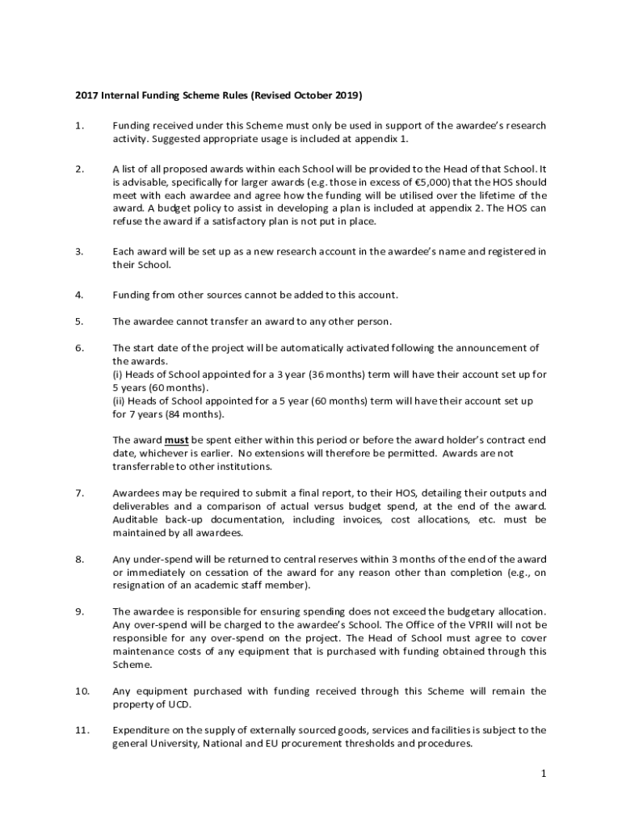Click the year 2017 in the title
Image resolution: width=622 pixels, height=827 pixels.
pos(86,95)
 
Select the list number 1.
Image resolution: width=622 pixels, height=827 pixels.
pos(78,126)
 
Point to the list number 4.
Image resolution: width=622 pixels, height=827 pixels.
pos(78,295)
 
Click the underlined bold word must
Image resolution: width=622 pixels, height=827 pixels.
pos(176,440)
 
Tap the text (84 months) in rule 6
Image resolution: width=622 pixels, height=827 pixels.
pos(194,414)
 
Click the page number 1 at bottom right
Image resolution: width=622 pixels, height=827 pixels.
pos(544,774)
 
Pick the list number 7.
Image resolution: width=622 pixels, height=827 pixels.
pos(78,493)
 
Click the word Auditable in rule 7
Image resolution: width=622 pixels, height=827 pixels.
pos(136,519)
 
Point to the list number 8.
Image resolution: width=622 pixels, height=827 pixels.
pos(78,559)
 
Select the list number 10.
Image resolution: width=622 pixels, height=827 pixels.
pos(82,691)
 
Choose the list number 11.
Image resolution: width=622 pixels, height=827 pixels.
pos(82,730)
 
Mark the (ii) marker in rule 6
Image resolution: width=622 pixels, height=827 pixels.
pos(118,401)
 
